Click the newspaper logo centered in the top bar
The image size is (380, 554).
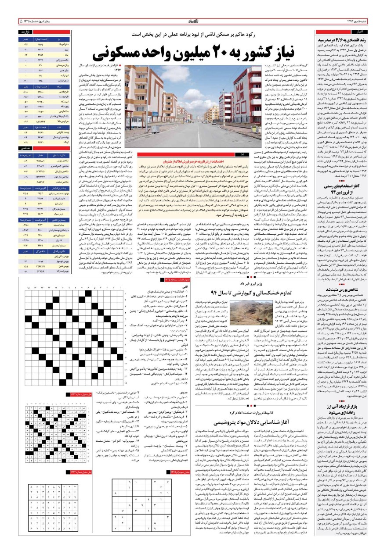tap(189, 21)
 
